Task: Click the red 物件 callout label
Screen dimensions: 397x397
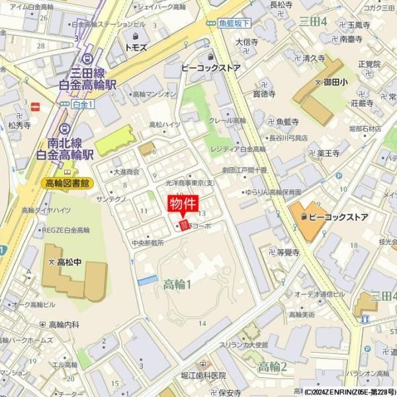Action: click(x=183, y=204)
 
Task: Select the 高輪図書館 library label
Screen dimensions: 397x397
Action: click(x=67, y=183)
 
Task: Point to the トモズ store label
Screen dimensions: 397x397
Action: click(x=135, y=48)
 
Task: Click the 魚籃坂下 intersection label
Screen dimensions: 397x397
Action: click(x=234, y=23)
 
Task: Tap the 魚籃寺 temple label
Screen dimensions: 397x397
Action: click(x=287, y=122)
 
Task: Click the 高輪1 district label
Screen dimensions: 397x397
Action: click(x=177, y=285)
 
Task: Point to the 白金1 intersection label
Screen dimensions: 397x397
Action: click(x=83, y=104)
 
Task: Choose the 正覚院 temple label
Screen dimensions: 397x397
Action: click(x=369, y=64)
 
